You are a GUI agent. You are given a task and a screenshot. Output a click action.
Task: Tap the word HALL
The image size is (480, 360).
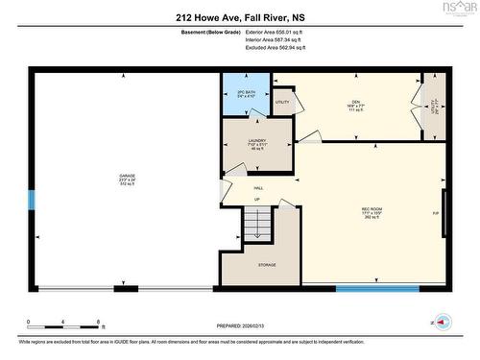[x=258, y=188]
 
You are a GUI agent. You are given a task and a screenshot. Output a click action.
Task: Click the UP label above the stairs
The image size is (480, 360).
[x=257, y=199]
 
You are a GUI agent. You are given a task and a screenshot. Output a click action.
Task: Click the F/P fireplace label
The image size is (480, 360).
[x=435, y=213]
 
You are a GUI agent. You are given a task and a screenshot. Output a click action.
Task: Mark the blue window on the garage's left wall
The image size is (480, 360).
[x=32, y=200]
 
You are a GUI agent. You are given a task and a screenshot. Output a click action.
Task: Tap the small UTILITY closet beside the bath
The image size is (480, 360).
[x=282, y=102]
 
